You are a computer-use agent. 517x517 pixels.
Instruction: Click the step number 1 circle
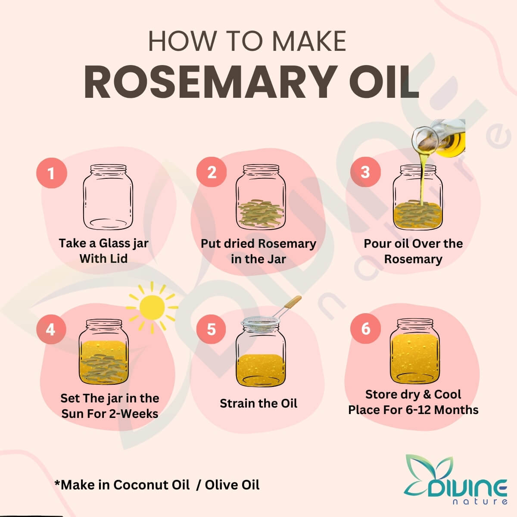pos(52,173)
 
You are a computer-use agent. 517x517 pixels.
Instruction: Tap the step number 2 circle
pos(212,172)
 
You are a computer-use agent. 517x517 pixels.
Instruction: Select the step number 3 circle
pos(365,172)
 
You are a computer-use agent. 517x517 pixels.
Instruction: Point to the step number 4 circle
pos(51,329)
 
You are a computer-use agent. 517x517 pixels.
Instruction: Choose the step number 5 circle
pos(211,329)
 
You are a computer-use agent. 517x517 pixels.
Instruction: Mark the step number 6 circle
pos(365,328)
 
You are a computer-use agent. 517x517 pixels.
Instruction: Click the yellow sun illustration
pos(152,308)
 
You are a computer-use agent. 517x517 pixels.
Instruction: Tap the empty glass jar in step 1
pos(108,197)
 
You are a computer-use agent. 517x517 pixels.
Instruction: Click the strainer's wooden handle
pos(293,302)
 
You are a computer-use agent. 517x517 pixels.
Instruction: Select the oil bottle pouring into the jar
pos(439,138)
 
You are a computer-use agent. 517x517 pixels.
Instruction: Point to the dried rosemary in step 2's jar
pos(261,214)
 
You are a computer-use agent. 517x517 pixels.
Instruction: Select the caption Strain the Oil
pos(258,403)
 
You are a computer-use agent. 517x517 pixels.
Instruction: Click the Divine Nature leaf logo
pos(455,480)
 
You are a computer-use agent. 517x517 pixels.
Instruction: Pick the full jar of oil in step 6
pos(415,352)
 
